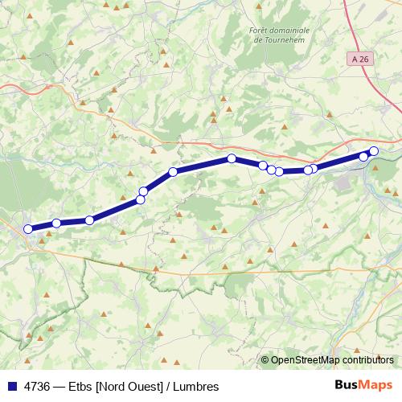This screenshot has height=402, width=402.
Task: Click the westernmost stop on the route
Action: tap(28, 229)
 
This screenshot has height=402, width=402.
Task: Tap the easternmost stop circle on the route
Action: tap(374, 151)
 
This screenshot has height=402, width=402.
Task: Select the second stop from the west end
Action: tap(56, 223)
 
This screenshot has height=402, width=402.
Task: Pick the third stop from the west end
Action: tap(89, 219)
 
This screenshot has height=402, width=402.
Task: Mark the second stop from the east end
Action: tap(363, 156)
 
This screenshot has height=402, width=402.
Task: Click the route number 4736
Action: tap(39, 387)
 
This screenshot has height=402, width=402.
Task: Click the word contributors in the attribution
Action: tap(367, 360)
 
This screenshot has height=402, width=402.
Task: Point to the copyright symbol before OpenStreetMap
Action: tap(265, 360)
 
